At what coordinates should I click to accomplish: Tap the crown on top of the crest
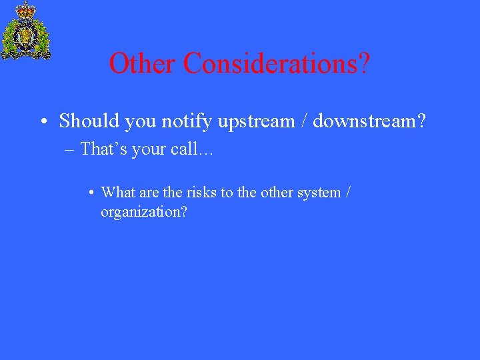click(x=26, y=9)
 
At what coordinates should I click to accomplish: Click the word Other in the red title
click(x=143, y=64)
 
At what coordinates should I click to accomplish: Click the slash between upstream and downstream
click(x=305, y=121)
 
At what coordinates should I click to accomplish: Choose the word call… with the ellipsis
click(x=192, y=149)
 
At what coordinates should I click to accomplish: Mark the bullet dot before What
click(x=91, y=193)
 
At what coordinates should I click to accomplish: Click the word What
click(x=118, y=193)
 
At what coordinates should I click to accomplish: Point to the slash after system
click(x=348, y=193)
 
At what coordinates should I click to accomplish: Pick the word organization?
click(x=143, y=212)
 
